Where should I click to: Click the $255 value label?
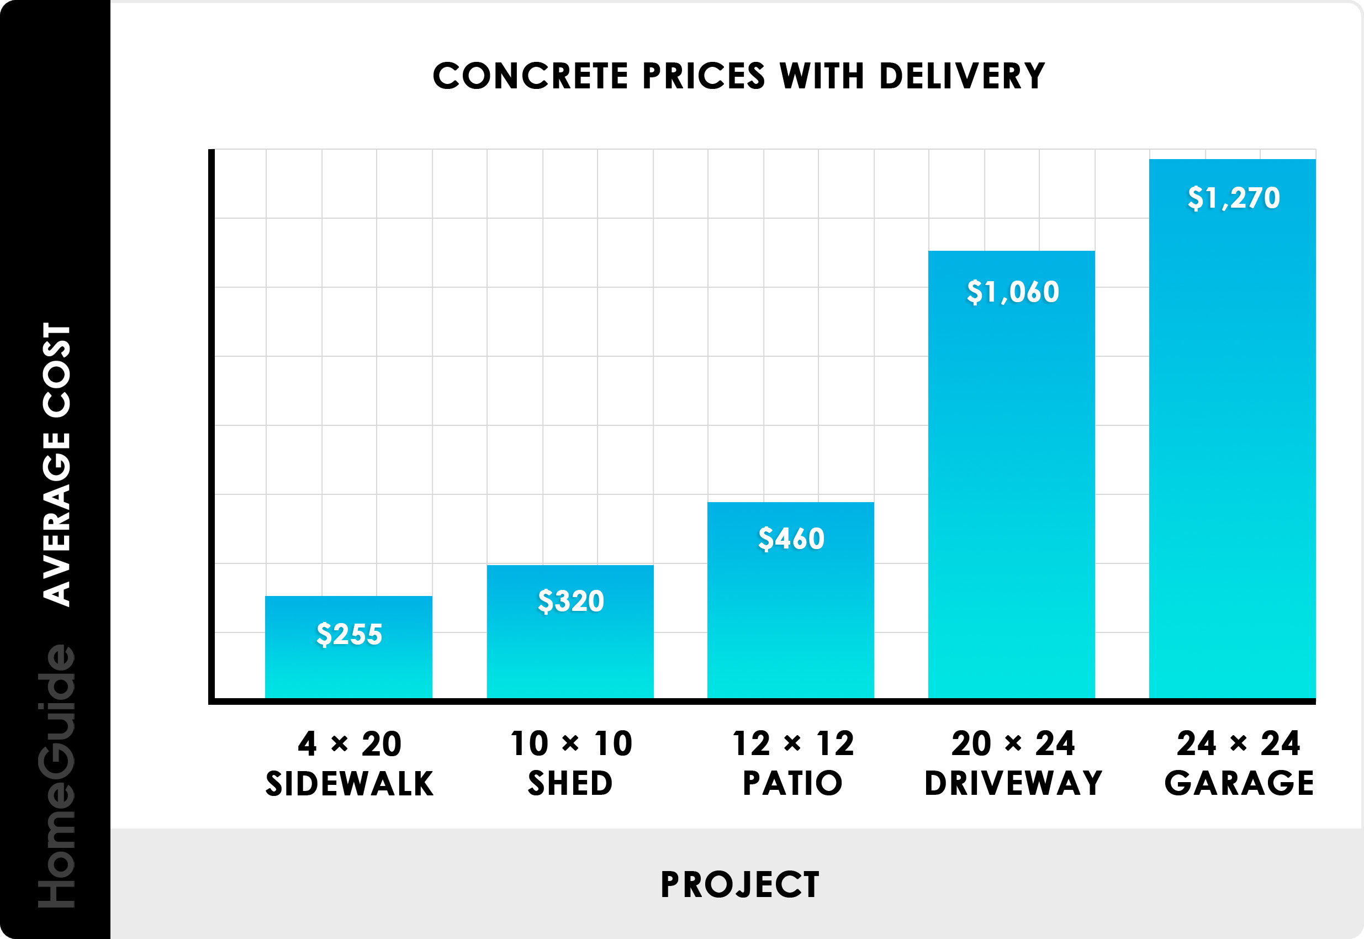coord(350,634)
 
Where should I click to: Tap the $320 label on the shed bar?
coord(570,601)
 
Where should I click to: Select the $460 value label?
coord(791,539)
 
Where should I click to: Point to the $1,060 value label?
coord(1013,291)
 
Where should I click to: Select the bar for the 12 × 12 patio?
coord(791,624)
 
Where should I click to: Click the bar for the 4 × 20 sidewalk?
coord(349,671)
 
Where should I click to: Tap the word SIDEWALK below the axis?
coord(350,784)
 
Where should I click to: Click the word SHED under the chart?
coord(570,784)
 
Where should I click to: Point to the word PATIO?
coord(792,783)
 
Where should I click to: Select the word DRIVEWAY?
coord(1013,783)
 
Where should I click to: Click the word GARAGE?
coord(1239,783)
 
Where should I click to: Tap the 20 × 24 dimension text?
coord(1013,743)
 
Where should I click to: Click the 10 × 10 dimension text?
coord(571,743)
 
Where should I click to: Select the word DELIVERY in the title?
coord(961,76)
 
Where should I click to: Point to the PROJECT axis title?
coord(739,884)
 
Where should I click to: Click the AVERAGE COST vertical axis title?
coord(57,464)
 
